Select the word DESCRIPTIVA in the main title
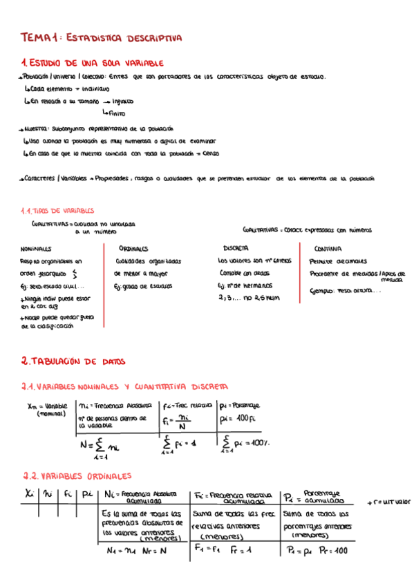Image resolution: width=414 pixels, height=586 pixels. click(153, 39)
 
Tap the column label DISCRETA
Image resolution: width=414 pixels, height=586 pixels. click(236, 247)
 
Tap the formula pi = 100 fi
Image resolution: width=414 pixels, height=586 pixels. click(236, 419)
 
